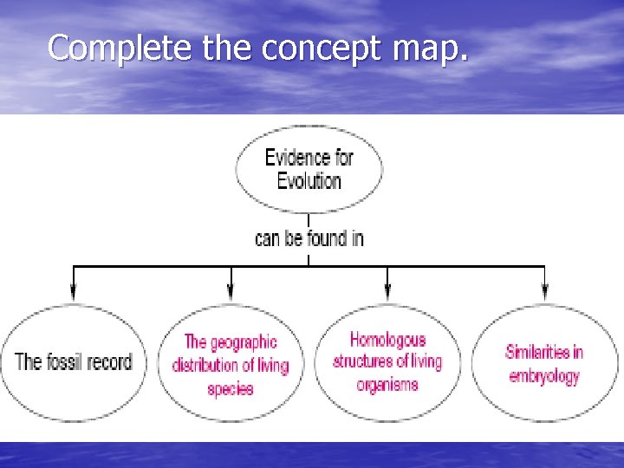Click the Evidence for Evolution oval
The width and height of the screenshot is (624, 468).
coord(309,169)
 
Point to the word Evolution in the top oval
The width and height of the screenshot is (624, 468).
coord(309,181)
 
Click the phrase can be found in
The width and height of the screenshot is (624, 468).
coord(309,237)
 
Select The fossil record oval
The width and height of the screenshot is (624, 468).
coord(74,361)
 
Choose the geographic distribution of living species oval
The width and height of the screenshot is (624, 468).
coord(231,365)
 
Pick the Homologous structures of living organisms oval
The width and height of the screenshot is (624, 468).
coord(387,361)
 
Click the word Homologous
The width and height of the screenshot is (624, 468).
coord(387,340)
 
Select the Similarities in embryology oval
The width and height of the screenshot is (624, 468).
coord(544,363)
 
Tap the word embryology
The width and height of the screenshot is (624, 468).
coord(543,375)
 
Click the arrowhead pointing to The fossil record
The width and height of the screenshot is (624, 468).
coord(74,294)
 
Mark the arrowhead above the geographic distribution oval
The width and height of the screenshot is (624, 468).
coord(231,294)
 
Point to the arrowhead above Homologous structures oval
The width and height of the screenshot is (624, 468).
coord(387,294)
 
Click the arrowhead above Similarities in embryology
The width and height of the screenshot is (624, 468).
coord(544,294)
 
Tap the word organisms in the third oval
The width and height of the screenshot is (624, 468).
coord(387,384)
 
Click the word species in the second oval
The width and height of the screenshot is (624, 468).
coord(231,388)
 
